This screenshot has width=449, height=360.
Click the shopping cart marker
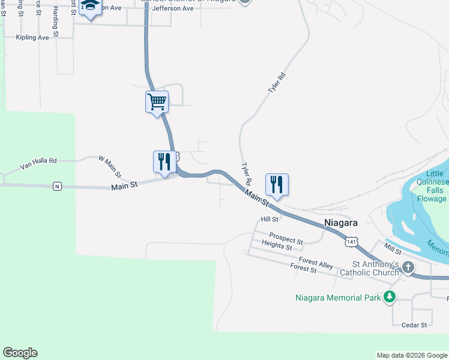click(x=157, y=101)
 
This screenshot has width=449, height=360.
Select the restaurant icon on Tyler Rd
click(x=277, y=184)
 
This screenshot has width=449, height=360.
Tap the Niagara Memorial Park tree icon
click(x=390, y=297)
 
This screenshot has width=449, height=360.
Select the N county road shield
click(x=57, y=185)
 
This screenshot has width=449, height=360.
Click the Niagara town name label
click(x=341, y=223)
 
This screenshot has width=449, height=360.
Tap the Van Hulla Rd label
click(x=38, y=161)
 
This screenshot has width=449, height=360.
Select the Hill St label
click(x=270, y=220)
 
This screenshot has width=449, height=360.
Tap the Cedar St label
click(x=414, y=325)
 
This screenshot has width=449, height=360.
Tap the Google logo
click(x=20, y=353)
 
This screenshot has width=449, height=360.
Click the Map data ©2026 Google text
click(x=411, y=355)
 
